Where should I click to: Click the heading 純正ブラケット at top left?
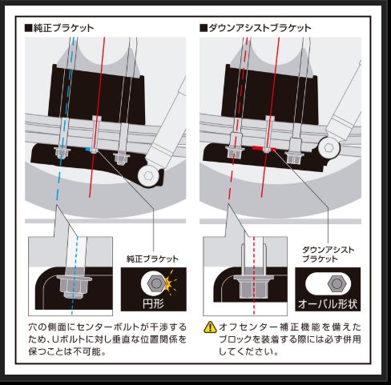point(64,27)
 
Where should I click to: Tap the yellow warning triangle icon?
point(211,327)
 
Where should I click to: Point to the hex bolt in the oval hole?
point(337,285)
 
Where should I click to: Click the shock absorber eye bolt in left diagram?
point(148,174)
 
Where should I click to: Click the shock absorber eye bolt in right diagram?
point(327,146)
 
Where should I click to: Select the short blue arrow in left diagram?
point(87,149)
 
